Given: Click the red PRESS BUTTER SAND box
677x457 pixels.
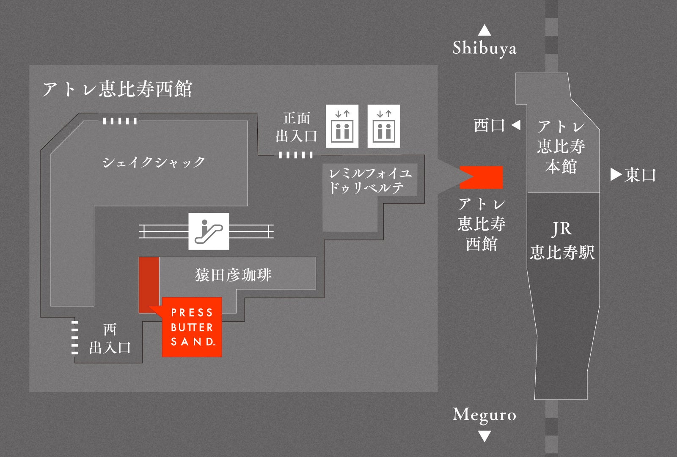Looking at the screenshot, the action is point(192,327).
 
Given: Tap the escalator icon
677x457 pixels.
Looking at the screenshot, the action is point(209,231).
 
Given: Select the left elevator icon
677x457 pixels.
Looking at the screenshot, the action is point(342,126).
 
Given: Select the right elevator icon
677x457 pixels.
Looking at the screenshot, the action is point(384,126).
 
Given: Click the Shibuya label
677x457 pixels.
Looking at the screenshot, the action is point(484,48).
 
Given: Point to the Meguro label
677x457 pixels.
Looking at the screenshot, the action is point(484,415).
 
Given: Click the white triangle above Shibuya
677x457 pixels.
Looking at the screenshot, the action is point(484,30).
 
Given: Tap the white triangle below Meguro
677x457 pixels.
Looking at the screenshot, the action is point(484,436).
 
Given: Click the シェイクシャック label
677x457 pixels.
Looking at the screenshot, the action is point(154,162).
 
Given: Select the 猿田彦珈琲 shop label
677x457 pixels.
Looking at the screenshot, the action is point(233,275).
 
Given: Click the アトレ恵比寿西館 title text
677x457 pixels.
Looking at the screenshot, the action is point(118,89).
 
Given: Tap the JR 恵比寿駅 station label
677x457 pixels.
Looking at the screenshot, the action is point(562,241).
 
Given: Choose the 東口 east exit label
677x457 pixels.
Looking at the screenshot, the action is point(640,175).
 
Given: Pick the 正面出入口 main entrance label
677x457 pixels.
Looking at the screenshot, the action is point(297,127).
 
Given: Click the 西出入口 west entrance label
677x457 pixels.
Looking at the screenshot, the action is point(110,339).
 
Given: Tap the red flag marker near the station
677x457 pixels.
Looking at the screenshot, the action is point(482,177).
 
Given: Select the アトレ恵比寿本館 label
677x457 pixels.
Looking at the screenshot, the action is point(561,146).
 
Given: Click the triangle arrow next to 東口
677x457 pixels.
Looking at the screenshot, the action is point(616,175).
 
